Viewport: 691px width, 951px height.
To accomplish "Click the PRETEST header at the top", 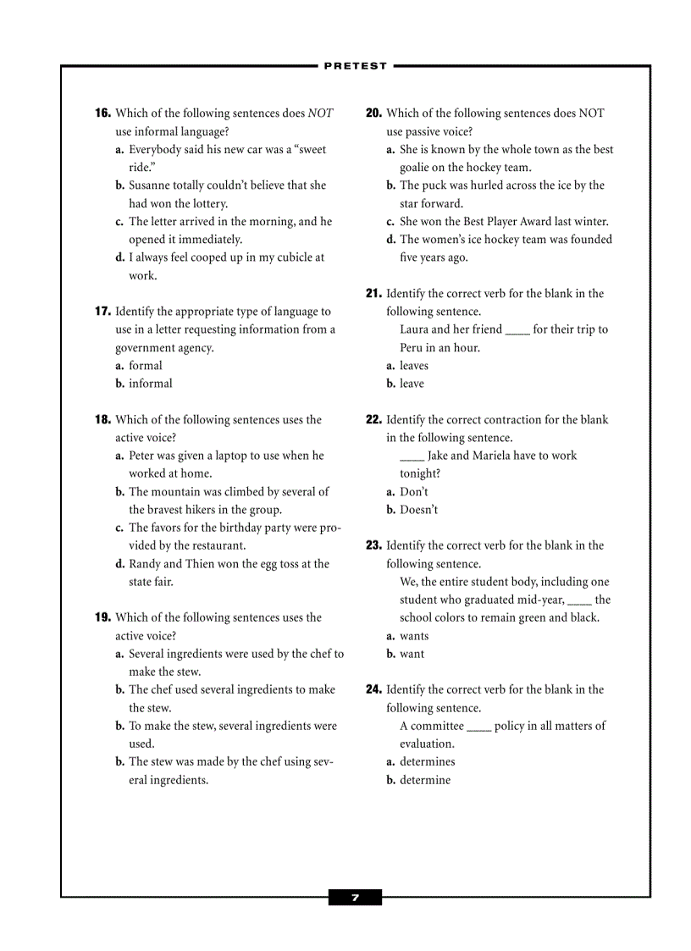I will click(x=355, y=65).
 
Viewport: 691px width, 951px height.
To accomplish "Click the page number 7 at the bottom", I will click(x=355, y=898).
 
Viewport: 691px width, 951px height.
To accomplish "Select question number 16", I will click(x=102, y=113).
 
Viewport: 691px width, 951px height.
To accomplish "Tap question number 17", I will click(x=102, y=312).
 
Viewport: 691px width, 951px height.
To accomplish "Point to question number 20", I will click(x=373, y=113).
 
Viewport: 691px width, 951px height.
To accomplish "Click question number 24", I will click(x=373, y=690).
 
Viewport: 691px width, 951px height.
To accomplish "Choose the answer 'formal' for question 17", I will click(x=145, y=366).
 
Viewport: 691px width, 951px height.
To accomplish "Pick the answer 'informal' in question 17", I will click(x=150, y=384).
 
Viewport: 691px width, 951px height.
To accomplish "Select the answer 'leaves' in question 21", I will click(x=414, y=366).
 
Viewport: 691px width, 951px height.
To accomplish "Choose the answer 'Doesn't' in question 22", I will click(x=418, y=510).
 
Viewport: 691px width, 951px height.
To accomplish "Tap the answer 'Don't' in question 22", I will click(x=414, y=492).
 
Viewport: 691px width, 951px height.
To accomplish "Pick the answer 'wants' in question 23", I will click(x=414, y=636).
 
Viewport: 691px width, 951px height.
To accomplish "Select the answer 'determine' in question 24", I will click(x=425, y=780).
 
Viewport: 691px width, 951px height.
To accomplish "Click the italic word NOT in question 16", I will click(x=320, y=113).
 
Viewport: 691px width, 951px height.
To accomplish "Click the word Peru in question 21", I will click(x=412, y=348).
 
